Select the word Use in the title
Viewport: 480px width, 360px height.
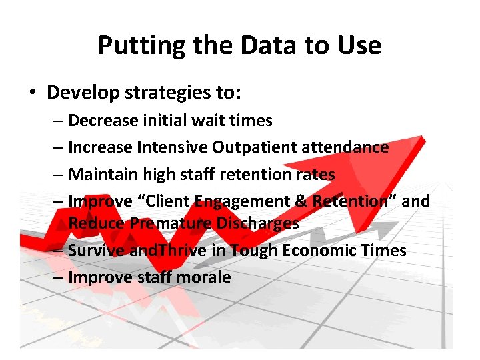point(359,46)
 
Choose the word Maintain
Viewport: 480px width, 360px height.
point(101,174)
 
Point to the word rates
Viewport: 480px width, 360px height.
point(315,174)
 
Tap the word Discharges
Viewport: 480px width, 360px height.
point(257,223)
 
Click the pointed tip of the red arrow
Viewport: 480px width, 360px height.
point(423,137)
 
